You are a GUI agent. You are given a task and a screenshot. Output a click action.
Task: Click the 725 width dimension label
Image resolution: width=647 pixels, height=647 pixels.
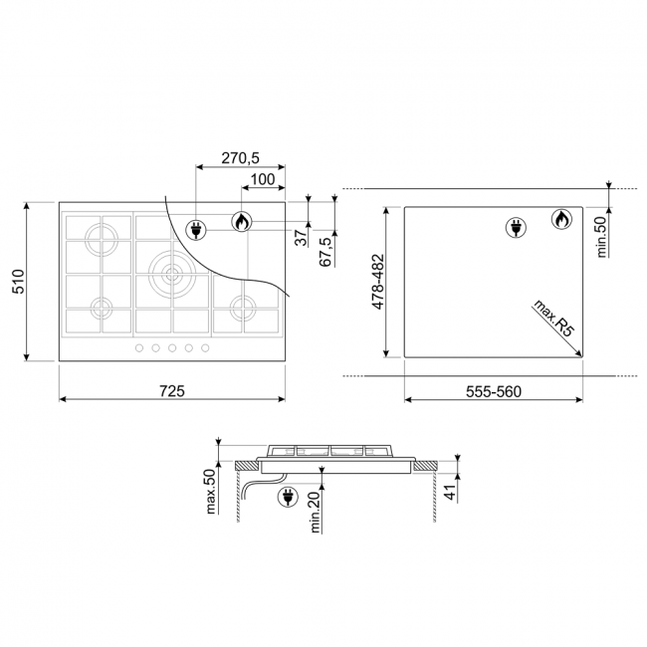172,391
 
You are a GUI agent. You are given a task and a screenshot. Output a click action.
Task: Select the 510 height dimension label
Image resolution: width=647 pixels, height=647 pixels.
19,282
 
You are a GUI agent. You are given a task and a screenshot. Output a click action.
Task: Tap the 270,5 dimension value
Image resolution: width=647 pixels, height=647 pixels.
240,157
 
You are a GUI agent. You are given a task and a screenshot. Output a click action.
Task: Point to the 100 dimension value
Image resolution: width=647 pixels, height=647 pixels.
263,179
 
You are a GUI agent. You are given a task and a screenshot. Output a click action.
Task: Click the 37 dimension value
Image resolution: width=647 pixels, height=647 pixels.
302,238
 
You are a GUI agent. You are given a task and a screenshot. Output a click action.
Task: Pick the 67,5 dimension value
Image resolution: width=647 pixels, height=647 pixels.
325,252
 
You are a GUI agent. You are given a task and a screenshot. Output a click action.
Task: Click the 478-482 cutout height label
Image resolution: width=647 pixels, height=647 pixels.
378,282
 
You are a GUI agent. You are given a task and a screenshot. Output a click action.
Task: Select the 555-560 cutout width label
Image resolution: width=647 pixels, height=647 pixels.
494,391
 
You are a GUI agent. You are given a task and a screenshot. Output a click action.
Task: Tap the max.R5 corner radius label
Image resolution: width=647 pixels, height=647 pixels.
554,319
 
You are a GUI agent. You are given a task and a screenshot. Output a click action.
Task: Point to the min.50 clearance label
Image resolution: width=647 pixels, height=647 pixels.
602,237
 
